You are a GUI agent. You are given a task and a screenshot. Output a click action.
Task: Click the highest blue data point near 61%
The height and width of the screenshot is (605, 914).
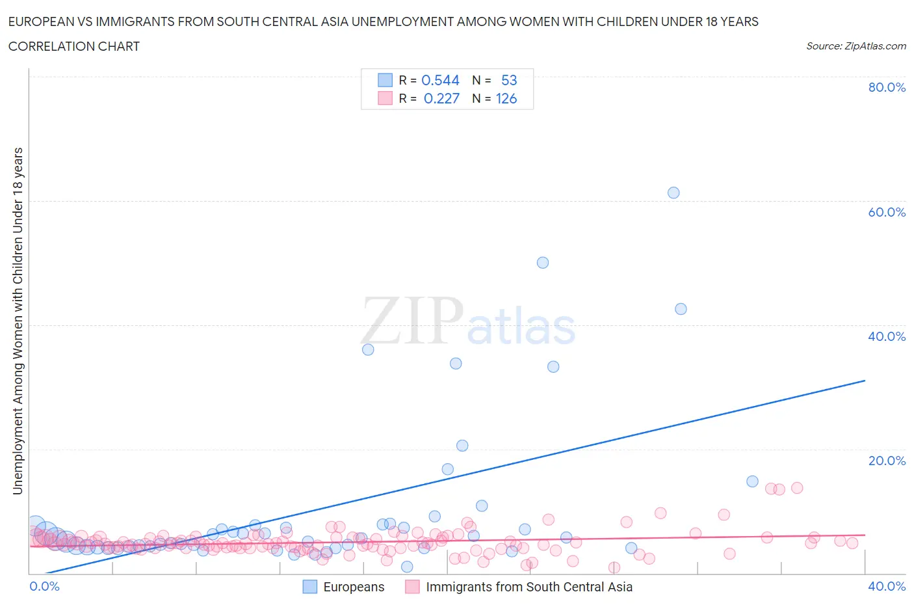point(673,193)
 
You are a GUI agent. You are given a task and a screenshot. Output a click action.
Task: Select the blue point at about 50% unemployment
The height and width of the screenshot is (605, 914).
point(543,263)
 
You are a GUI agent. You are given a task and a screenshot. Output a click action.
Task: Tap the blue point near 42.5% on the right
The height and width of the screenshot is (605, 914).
point(681,309)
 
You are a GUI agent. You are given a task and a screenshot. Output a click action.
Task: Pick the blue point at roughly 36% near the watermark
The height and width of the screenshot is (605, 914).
point(368,349)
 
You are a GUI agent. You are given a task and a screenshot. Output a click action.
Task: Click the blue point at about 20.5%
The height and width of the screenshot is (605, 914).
point(462,446)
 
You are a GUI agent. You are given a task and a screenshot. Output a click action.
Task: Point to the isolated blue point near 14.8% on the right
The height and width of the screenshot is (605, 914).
point(752,481)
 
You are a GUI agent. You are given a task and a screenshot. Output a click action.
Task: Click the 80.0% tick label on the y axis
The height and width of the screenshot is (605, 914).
point(887,87)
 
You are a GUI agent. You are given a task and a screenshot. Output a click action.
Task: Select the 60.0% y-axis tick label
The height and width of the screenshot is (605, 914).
point(887,212)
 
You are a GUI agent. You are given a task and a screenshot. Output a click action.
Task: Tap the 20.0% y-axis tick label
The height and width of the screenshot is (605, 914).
point(887,461)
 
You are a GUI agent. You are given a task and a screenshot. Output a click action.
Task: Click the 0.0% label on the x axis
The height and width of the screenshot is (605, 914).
point(44,586)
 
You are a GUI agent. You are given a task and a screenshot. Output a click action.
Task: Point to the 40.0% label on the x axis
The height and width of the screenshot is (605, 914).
point(887,586)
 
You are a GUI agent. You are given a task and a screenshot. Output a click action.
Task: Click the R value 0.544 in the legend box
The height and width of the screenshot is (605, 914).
point(440,80)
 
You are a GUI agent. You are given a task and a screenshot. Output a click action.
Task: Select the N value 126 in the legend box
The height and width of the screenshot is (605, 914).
point(506,99)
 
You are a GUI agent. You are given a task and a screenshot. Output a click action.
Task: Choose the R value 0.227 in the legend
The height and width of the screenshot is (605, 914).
point(441,99)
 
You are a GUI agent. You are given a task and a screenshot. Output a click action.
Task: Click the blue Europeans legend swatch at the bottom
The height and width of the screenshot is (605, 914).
point(310,587)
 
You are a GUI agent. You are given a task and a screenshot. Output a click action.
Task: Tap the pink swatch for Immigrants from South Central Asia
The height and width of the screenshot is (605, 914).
point(412,587)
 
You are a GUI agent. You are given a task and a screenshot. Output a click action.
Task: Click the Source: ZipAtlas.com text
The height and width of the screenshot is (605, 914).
point(855,46)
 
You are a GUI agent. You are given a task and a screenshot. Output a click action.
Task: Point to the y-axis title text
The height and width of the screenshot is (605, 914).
point(18,321)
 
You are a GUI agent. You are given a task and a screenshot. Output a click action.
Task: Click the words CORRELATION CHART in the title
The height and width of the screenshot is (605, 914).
point(74,46)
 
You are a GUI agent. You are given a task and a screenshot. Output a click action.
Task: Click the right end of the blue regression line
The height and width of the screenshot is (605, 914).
point(864,381)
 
